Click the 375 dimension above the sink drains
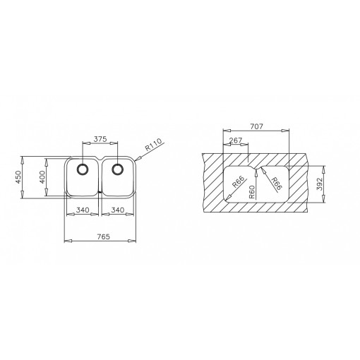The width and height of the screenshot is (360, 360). [x=100, y=138]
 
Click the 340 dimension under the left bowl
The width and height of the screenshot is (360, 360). [x=81, y=210]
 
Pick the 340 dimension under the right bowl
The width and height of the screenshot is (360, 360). [x=117, y=210]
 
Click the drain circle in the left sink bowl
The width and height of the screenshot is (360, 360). [x=82, y=169]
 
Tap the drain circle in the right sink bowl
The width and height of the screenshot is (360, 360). [x=118, y=169]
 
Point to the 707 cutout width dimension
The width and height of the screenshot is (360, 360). [x=256, y=126]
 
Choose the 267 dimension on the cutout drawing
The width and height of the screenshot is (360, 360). [x=236, y=140]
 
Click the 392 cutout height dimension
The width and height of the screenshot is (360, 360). [x=320, y=184]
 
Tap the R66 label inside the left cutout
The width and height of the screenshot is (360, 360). [x=238, y=185]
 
